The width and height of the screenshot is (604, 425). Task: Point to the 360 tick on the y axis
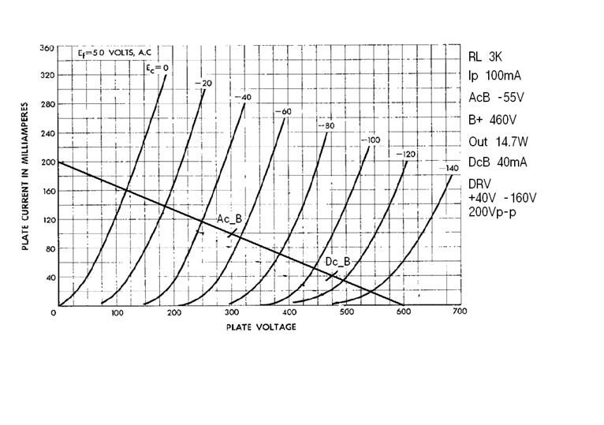tap(47, 49)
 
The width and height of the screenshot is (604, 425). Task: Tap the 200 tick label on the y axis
tap(47, 163)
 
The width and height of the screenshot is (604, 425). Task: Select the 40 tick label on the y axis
tap(49, 278)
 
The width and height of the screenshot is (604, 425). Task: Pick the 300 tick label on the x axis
tap(230, 312)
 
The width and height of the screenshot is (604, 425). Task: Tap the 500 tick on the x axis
tap(345, 312)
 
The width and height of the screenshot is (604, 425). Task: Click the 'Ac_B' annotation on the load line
tap(229, 219)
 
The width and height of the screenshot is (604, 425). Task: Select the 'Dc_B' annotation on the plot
tap(337, 262)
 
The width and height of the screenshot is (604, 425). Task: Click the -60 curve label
tap(282, 112)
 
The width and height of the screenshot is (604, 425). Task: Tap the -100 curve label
tap(370, 140)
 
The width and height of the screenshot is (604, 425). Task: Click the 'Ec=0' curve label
tap(157, 69)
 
